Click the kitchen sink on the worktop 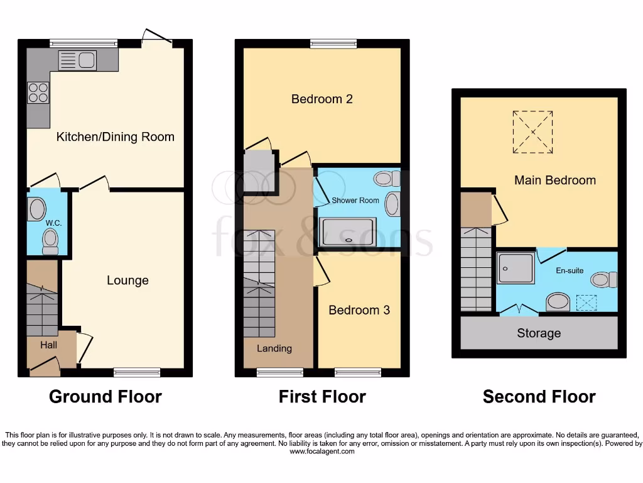(77, 60)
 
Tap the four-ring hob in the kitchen (38, 93)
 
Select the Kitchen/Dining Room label (116, 137)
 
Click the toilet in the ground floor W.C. (50, 241)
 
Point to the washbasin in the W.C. (37, 209)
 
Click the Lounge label (127, 280)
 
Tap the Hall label (48, 345)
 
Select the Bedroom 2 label (321, 99)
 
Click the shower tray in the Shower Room (348, 231)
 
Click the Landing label (274, 348)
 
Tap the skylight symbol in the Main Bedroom (532, 132)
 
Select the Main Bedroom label (555, 180)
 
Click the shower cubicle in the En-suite (516, 269)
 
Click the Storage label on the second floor (539, 333)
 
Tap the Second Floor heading (539, 397)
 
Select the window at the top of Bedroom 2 (333, 43)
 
